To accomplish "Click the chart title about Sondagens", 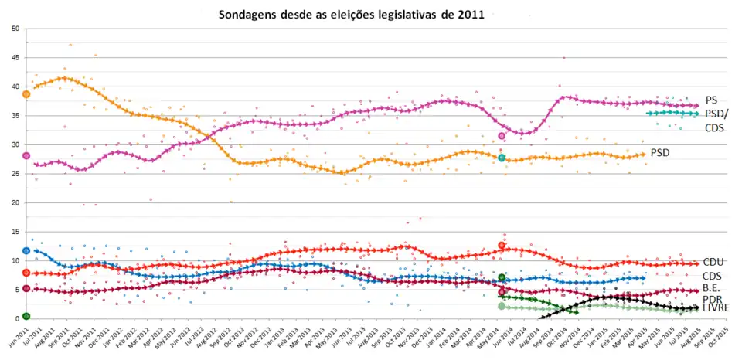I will click(x=352, y=15).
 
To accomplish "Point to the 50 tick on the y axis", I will click(x=15, y=29).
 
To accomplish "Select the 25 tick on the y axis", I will click(x=15, y=174).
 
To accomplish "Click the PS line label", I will click(x=711, y=100).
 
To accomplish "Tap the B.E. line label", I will click(x=713, y=287).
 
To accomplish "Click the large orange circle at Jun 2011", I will click(x=26, y=94).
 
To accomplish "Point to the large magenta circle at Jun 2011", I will click(x=26, y=155).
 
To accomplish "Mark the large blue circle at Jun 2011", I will click(x=26, y=250).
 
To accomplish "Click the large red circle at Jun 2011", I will click(x=26, y=273).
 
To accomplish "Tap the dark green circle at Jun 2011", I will click(x=26, y=316).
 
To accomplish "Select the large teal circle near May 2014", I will click(x=502, y=158).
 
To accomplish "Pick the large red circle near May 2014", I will click(x=502, y=245).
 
